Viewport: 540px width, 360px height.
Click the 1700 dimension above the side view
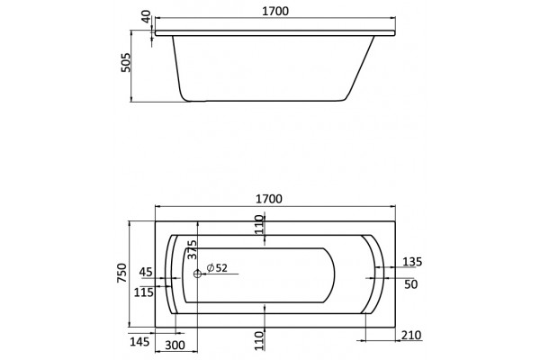click(275, 11)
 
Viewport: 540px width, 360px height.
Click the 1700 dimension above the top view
click(269, 199)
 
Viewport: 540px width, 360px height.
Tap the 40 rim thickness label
click(147, 16)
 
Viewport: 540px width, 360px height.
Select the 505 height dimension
click(126, 62)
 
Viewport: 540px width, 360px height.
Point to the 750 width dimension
click(122, 274)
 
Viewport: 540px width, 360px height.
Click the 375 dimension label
click(192, 250)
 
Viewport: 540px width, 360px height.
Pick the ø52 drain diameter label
click(217, 267)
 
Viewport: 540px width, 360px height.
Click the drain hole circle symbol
click(197, 274)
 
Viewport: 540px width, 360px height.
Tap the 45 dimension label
click(146, 272)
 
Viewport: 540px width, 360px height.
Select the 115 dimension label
click(144, 292)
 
